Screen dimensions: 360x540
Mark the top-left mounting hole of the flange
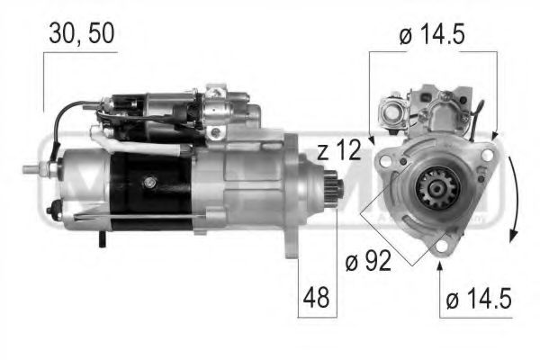point(385,160)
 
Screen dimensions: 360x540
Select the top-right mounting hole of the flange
point(487,154)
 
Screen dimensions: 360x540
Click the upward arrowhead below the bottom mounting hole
point(440,263)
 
